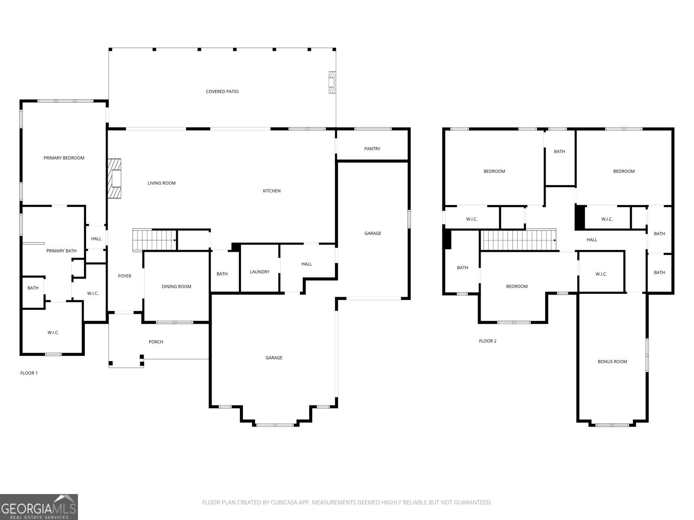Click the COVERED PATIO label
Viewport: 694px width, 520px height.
tap(222, 91)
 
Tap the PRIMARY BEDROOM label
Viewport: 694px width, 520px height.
tap(64, 158)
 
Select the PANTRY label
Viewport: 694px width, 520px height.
tap(372, 149)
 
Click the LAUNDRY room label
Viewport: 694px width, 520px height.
tap(259, 272)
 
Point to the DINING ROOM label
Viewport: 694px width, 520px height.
tap(176, 286)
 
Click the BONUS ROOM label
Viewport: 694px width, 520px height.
tap(612, 361)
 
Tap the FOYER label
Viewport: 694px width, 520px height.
tap(124, 276)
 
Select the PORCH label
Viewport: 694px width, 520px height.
tap(156, 342)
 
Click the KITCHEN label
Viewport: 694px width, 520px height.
tap(272, 191)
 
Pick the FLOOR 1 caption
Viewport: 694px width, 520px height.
tap(29, 373)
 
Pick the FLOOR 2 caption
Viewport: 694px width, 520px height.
tap(488, 341)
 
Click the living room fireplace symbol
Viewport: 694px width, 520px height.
tap(115, 178)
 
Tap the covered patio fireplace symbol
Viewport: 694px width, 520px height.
tap(332, 82)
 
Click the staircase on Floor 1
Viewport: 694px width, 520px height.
tap(154, 240)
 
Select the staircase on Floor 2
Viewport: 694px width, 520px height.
tap(519, 240)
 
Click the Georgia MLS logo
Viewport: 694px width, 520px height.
tap(39, 507)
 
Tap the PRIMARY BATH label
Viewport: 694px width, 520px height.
tap(61, 251)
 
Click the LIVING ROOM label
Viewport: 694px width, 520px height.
tap(161, 183)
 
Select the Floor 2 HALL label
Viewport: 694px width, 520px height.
tap(592, 240)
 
